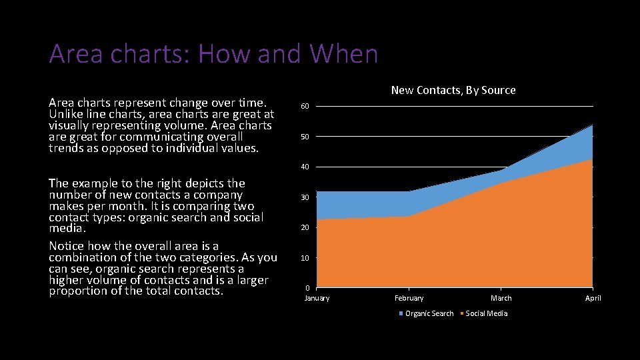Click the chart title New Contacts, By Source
click(x=453, y=90)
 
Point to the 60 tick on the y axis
click(x=305, y=107)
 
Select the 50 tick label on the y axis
click(x=305, y=137)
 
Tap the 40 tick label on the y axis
click(x=305, y=167)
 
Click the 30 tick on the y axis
click(x=305, y=197)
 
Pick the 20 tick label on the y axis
click(x=305, y=227)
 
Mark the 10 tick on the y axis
click(x=305, y=258)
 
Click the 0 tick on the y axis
click(x=307, y=288)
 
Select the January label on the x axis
click(x=317, y=298)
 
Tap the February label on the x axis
click(x=409, y=298)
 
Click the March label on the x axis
click(x=501, y=298)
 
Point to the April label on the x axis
click(x=593, y=298)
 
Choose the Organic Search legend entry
click(x=429, y=313)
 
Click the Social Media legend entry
click(x=486, y=313)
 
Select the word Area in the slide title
click(x=75, y=54)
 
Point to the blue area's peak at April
click(x=592, y=126)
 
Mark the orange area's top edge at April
click(x=592, y=160)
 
